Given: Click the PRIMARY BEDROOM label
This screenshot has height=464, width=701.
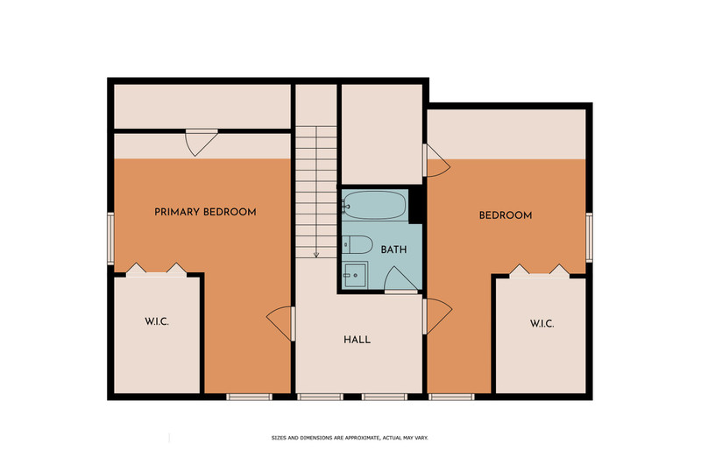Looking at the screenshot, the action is click(205, 212).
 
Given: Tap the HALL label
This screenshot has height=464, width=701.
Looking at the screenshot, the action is click(358, 340).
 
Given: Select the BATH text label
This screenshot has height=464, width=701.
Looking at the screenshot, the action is click(393, 250).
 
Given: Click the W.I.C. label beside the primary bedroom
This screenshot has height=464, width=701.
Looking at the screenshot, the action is click(157, 321).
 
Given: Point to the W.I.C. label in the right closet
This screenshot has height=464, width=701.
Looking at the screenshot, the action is click(542, 324).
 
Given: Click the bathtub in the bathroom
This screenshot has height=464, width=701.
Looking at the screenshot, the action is click(375, 205).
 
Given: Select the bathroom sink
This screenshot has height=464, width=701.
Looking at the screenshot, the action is click(356, 275).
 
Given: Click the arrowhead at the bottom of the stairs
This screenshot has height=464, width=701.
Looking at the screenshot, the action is click(316, 255).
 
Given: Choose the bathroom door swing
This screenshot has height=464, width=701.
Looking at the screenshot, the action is click(401, 280).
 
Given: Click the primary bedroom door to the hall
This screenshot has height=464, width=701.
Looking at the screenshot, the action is click(281, 324).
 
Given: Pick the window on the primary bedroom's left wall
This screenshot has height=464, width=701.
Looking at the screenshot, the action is click(110, 238).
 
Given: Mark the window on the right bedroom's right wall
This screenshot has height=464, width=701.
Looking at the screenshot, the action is click(589, 237).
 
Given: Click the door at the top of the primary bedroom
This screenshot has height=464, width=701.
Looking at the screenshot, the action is click(202, 143).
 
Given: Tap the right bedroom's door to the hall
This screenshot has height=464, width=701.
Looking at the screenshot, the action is click(437, 316).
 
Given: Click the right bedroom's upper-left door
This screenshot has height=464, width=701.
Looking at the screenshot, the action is click(436, 160).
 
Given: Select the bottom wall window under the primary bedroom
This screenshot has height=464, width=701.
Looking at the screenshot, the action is click(249, 397).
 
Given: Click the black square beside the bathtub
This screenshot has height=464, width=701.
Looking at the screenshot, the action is click(415, 205).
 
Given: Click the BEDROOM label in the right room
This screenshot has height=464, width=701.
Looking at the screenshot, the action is click(506, 215).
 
